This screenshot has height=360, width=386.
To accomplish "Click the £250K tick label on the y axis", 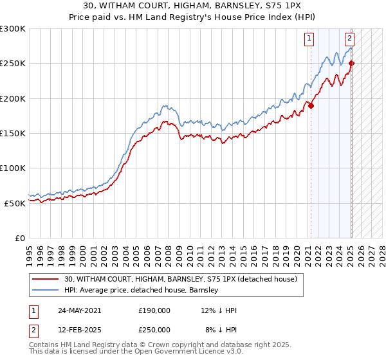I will (x=13, y=64).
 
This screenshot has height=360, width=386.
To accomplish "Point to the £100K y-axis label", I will (x=13, y=168).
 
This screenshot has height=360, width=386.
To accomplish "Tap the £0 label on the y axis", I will (x=19, y=238).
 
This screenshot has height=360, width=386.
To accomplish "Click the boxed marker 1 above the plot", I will (x=309, y=38).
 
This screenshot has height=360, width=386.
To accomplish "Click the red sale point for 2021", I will (x=311, y=106).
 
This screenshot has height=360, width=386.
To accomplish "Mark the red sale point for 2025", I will (x=351, y=64).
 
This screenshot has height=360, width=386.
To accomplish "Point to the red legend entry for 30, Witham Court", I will (x=180, y=279).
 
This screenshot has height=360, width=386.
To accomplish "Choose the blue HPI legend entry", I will (x=141, y=291).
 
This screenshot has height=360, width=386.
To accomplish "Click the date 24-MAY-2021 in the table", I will (x=80, y=310).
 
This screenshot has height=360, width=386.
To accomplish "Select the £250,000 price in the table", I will (x=154, y=329).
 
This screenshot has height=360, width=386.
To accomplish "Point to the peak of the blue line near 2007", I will (x=165, y=105).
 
